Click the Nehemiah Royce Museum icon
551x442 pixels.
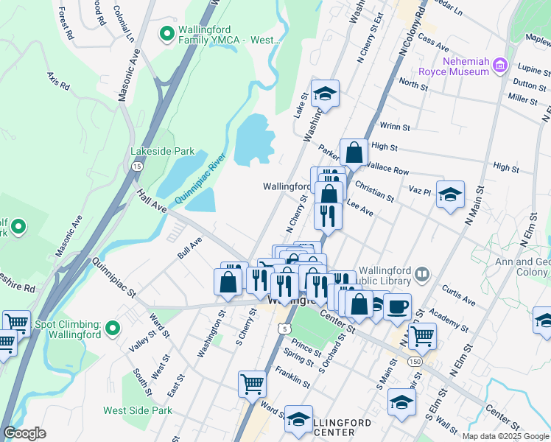coord(501,66)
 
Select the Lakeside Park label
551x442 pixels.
coord(163,152)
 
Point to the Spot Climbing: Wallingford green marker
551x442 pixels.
coord(113,328)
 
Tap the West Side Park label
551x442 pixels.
coord(138,410)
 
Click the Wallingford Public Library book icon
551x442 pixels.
coord(421,275)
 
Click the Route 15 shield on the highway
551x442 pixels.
coord(137,166)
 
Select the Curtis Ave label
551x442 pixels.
coord(459,295)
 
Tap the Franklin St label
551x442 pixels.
coord(292,377)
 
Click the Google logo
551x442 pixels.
coord(24,433)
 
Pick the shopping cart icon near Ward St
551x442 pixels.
coord(251,383)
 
